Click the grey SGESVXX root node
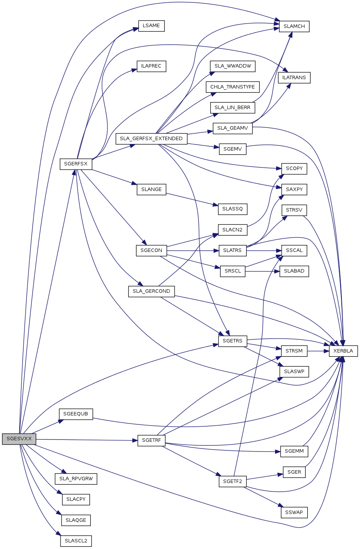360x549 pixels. point(19,439)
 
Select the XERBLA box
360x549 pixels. point(343,351)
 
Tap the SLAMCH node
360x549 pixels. point(294,26)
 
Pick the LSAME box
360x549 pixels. point(151,26)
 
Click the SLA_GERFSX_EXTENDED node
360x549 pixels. point(151,139)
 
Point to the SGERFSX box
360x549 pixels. point(76,164)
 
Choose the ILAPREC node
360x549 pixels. point(151,66)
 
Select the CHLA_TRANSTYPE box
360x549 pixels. point(232,87)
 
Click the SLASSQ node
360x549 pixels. point(232,209)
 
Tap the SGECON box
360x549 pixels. point(151,250)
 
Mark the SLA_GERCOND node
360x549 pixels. point(151,291)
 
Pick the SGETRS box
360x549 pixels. point(232,341)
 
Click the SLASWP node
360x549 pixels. point(294,372)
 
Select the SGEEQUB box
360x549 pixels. point(76,414)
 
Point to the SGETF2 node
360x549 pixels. point(232,481)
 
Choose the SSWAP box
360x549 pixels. point(294,513)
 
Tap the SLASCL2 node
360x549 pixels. point(76,541)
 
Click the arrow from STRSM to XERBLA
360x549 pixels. point(318,351)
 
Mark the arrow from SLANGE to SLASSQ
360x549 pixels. point(190,199)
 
